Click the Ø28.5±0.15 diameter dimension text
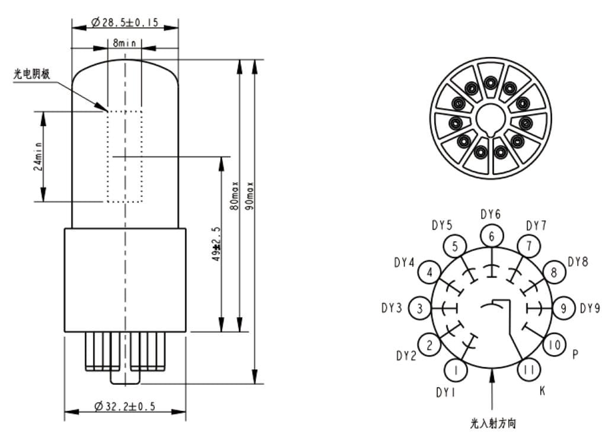point(125,23)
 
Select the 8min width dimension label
point(124,42)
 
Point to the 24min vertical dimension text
point(38,156)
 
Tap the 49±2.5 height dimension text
point(216,244)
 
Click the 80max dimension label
point(235,196)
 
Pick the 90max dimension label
point(249,196)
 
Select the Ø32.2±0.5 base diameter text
point(125,406)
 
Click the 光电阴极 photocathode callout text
point(32,73)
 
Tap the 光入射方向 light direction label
point(493,424)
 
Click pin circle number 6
point(492,236)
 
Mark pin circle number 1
point(456,370)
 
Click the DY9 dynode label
point(590,308)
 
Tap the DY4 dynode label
point(404,263)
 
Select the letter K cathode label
point(543,391)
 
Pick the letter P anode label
point(575,354)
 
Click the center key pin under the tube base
point(126,376)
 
